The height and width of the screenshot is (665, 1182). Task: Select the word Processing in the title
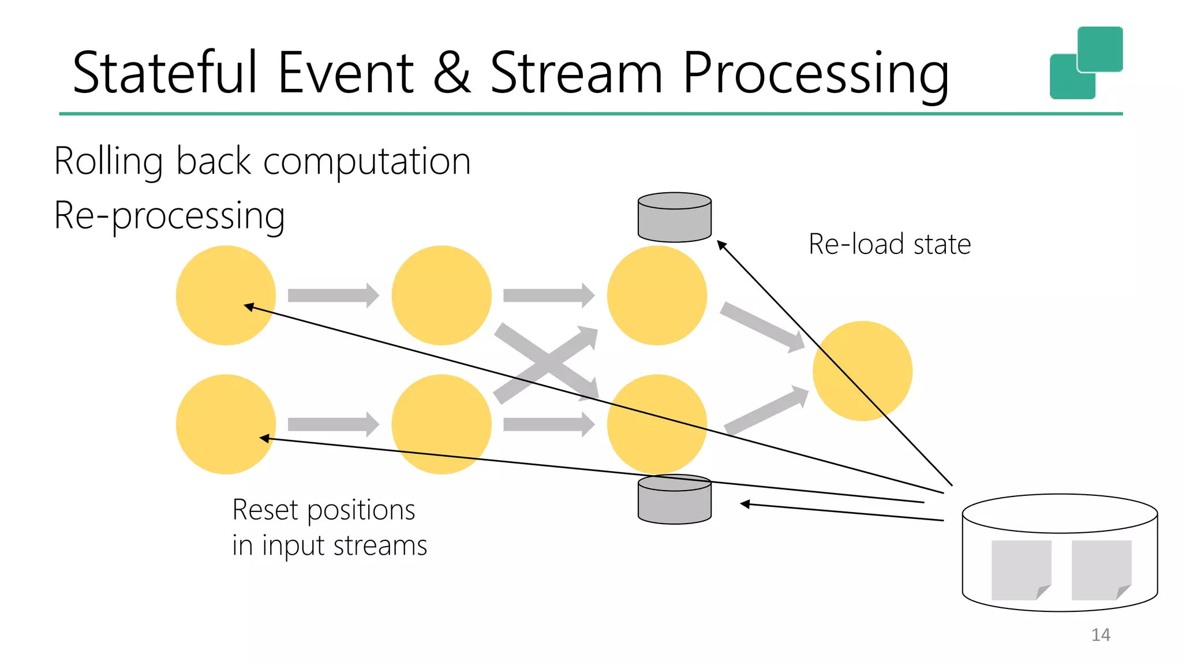coord(815,74)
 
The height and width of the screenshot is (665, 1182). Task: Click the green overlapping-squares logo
coord(1086,62)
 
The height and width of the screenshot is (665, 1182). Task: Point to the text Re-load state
coord(889,244)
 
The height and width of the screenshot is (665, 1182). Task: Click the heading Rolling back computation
coord(263,161)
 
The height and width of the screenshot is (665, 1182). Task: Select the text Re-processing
coord(170,216)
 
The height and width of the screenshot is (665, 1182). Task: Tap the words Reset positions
coord(323,510)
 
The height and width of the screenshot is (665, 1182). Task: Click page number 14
coord(1101,635)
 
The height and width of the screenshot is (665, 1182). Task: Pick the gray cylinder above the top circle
coord(674,218)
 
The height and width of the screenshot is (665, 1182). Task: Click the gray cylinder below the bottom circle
coord(674,500)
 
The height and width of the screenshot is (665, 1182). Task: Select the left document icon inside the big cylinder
coord(1020,570)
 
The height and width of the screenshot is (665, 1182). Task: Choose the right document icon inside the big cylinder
coord(1101,570)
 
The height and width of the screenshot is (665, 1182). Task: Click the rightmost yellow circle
coord(862,371)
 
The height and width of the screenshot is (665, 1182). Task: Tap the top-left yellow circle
coord(226,295)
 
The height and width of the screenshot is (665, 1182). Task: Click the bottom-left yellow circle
coord(226,424)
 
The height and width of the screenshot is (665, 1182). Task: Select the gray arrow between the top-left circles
coord(333,296)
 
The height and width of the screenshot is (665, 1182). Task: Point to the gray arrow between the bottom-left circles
coord(333,425)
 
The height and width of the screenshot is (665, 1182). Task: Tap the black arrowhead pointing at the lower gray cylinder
coord(745,504)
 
